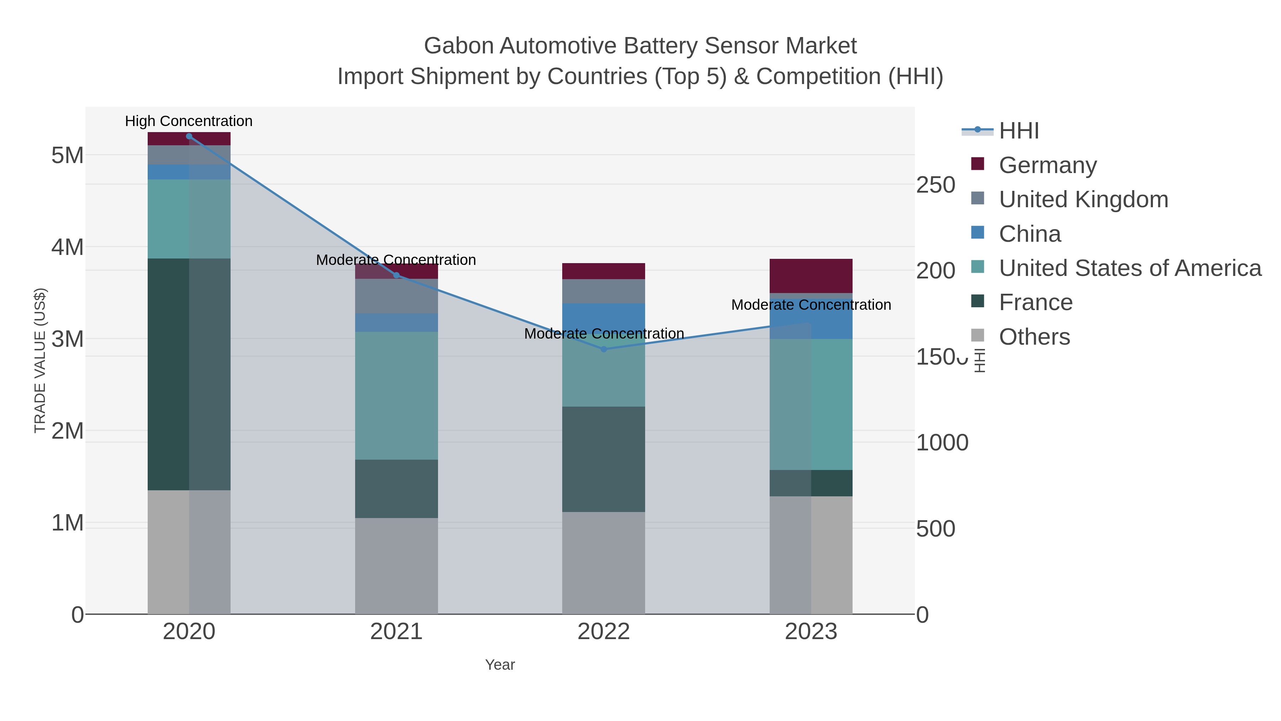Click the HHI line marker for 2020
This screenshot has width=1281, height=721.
pyautogui.click(x=189, y=136)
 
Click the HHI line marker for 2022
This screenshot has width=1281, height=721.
pyautogui.click(x=604, y=349)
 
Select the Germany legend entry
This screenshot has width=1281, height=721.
pyautogui.click(x=1047, y=165)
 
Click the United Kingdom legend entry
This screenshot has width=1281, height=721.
pyautogui.click(x=1083, y=199)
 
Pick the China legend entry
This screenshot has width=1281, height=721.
pyautogui.click(x=1029, y=234)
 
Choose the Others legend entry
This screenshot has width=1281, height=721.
pyautogui.click(x=1034, y=337)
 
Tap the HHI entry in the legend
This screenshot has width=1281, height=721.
pyautogui.click(x=1018, y=131)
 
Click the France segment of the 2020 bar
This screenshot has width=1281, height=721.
pyautogui.click(x=189, y=374)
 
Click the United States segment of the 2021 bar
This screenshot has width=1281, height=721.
pyautogui.click(x=396, y=396)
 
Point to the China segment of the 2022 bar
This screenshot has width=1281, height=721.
pyautogui.click(x=604, y=318)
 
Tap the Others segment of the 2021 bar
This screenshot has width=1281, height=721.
pyautogui.click(x=396, y=566)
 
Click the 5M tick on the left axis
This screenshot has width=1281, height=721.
pyautogui.click(x=68, y=156)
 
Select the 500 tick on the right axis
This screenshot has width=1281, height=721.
pyautogui.click(x=935, y=529)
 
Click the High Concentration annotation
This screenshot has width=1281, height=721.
pyautogui.click(x=189, y=121)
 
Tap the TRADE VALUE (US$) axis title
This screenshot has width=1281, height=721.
pyautogui.click(x=40, y=360)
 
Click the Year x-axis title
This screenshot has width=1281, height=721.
pyautogui.click(x=500, y=665)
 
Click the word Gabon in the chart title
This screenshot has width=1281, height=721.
pyautogui.click(x=459, y=46)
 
